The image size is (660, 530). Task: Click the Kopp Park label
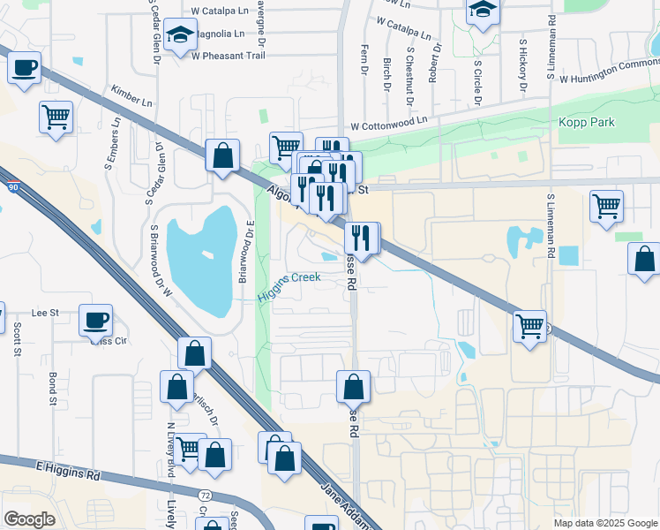(586, 122)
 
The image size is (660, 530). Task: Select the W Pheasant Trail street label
(228, 55)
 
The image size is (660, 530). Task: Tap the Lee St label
(45, 313)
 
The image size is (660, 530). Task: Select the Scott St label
(17, 339)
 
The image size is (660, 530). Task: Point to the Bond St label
(53, 390)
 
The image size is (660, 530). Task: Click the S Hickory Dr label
(522, 65)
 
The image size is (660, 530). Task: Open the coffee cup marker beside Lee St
(95, 321)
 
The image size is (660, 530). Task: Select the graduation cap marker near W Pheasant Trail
(180, 36)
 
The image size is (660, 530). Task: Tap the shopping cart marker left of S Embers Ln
(56, 117)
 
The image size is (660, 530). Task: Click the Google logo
(29, 519)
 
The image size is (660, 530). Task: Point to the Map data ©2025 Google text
(604, 523)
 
